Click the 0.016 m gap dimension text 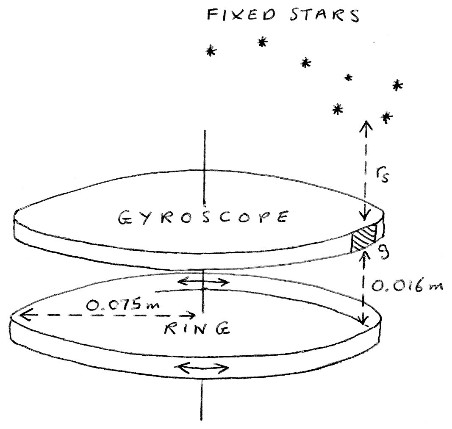coord(407,286)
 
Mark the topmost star coord(263,42)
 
